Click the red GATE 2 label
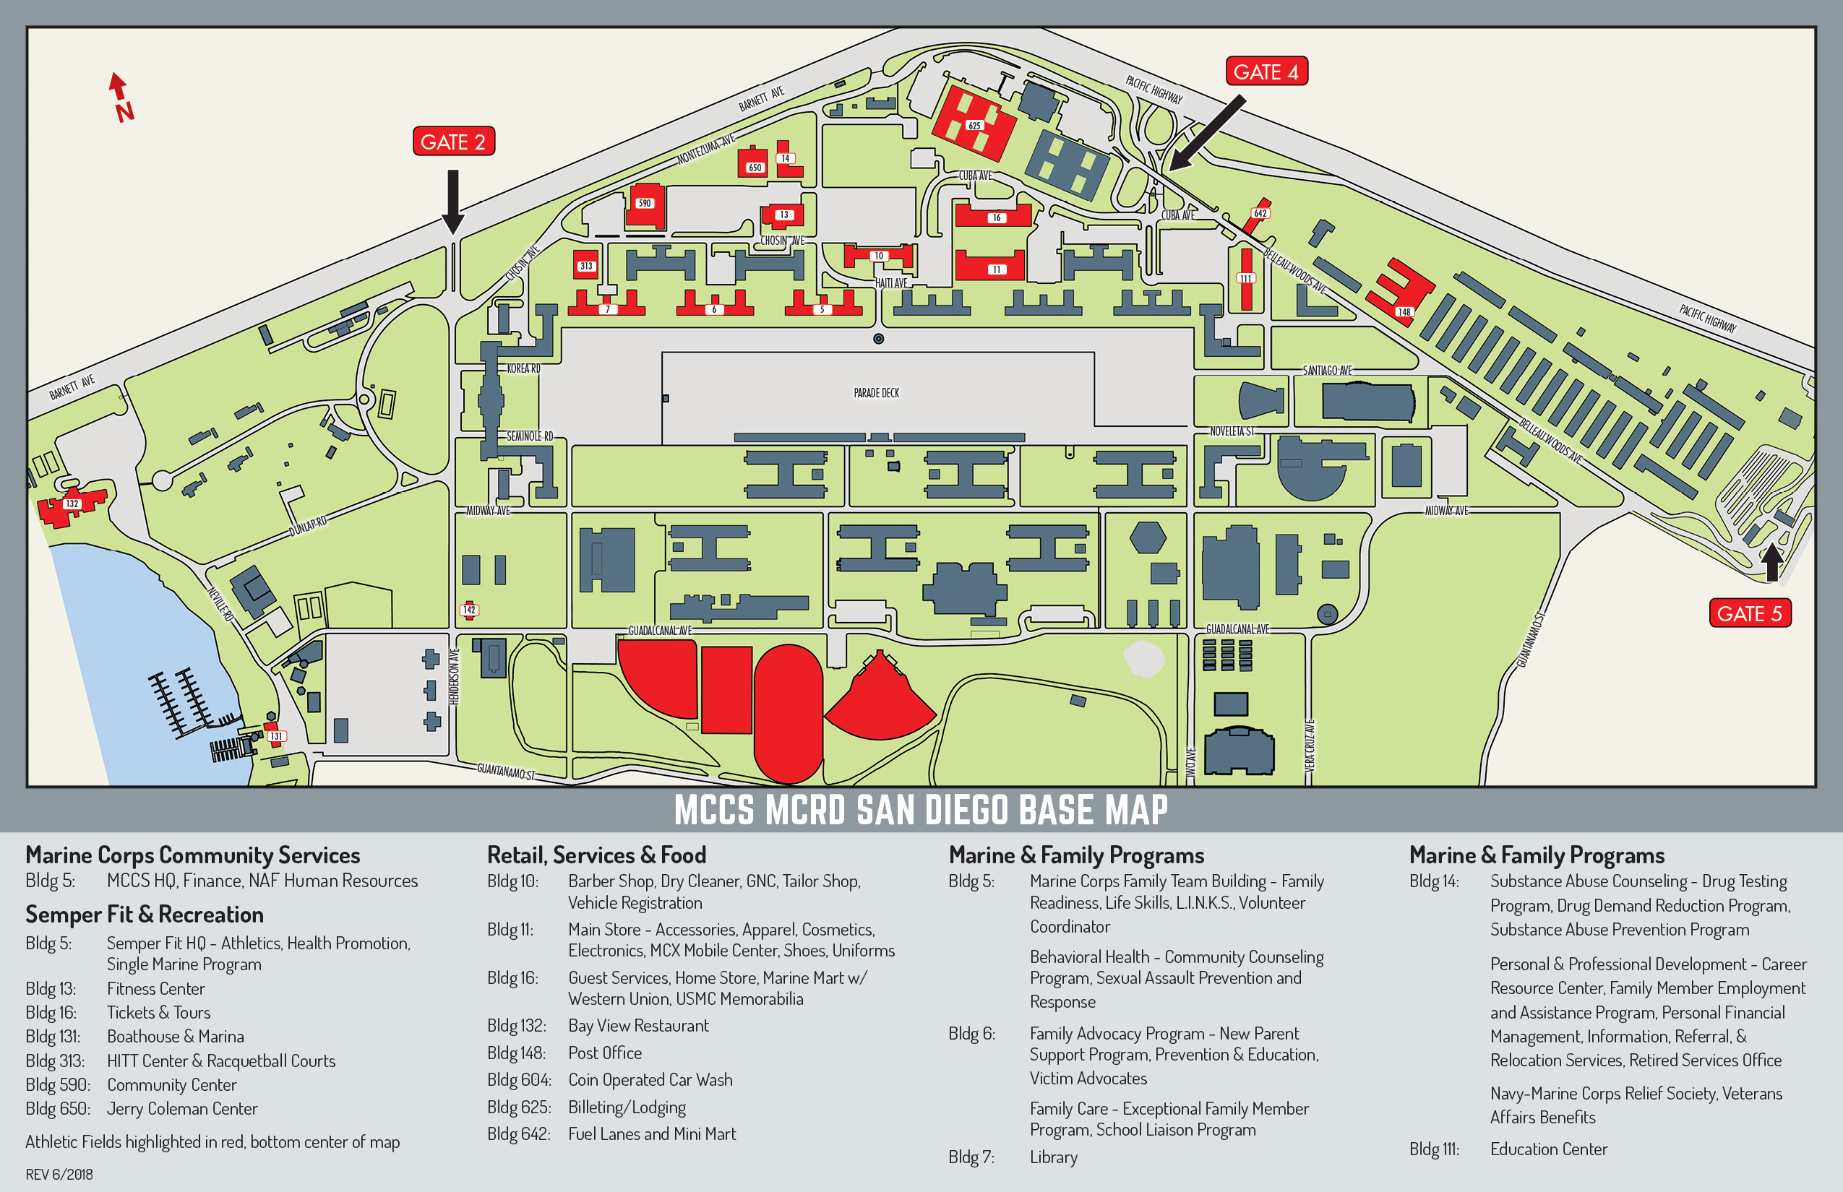(454, 142)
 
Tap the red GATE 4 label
(1266, 72)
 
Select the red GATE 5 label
(1750, 613)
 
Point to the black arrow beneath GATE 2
(453, 202)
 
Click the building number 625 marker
(974, 126)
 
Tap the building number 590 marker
(644, 203)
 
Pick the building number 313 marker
(586, 267)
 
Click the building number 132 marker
(72, 504)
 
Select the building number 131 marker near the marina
(276, 736)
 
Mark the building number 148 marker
(1404, 312)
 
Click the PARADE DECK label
(877, 393)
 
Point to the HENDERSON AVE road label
(455, 675)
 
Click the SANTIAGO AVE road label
(1327, 371)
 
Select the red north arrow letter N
(124, 112)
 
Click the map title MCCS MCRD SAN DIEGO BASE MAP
(921, 810)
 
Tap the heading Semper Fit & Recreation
(145, 914)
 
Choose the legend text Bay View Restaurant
(638, 1026)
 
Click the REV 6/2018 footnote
(59, 1174)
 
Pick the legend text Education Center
(1549, 1149)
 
